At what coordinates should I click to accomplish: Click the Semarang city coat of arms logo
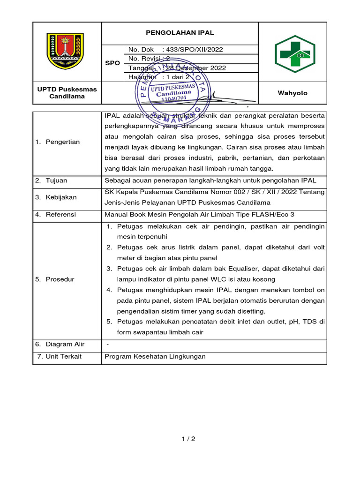pos(65,51)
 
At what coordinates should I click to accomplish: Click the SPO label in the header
pos(112,63)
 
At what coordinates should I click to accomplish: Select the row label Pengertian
pos(63,142)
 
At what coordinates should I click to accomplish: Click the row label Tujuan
pos(57,180)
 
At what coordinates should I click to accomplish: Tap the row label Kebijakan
pos(61,197)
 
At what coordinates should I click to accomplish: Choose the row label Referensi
pos(61,215)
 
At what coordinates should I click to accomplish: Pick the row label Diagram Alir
pos(65,344)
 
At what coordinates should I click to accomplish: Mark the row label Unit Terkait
pos(64,356)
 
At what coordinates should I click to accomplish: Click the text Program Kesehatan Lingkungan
pos(155,356)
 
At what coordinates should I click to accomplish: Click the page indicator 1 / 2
pos(188,439)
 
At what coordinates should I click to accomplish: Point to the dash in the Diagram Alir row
pos(108,344)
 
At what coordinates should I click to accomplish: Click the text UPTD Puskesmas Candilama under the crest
pos(67,92)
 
